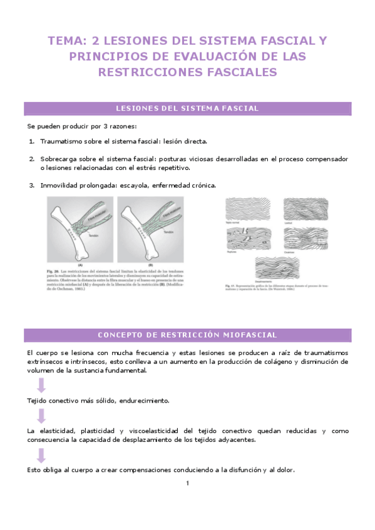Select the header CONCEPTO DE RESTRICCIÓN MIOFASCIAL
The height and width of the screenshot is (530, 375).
click(187, 335)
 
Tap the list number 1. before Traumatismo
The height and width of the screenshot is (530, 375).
click(32, 141)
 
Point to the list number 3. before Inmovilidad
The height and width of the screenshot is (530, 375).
click(32, 185)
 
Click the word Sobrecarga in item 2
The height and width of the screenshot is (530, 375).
click(58, 159)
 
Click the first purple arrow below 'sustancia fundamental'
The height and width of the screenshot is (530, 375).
click(41, 384)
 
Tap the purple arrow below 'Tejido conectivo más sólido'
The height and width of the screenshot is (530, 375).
click(41, 416)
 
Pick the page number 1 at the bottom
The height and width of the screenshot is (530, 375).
click(187, 483)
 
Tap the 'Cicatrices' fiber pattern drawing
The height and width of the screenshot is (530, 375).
click(306, 237)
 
